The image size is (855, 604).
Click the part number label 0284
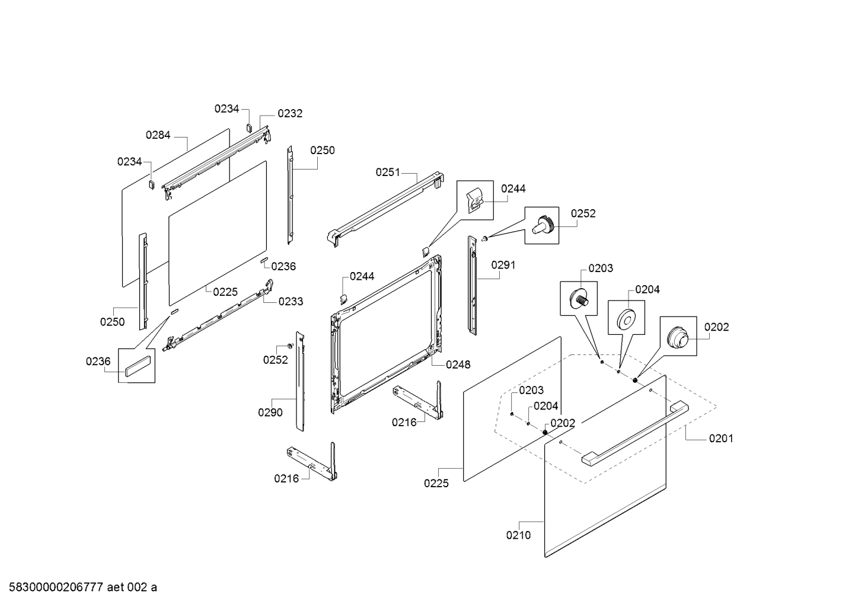pos(158,135)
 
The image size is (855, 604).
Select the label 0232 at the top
pos(289,114)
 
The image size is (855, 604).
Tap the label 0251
pos(388,172)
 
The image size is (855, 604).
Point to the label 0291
pos(503,266)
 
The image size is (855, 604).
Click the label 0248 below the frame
pos(458,365)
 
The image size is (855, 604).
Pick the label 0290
pos(270,413)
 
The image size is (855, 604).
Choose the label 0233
pos(291,302)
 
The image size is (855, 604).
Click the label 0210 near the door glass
pos(518,535)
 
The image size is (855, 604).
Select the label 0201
pos(720,439)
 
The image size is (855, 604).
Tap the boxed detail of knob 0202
pos(678,336)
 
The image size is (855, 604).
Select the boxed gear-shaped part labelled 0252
pos(542,225)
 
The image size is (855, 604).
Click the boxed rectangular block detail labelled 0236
pos(137,365)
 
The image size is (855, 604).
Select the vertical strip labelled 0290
pos(300,382)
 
